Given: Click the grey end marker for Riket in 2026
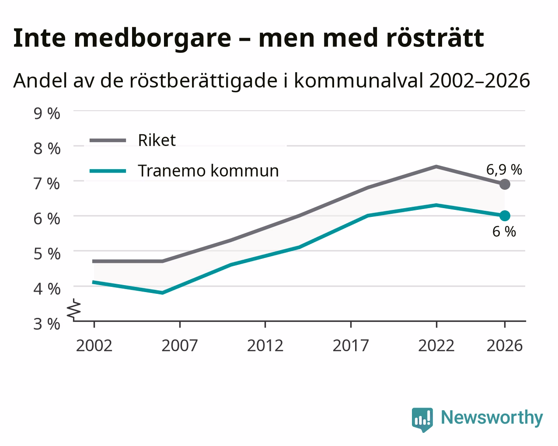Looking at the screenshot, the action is click(x=504, y=185).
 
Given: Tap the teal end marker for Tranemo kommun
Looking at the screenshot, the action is click(x=504, y=216).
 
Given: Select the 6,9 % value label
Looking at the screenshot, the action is click(x=504, y=170).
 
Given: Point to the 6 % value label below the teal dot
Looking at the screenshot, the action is click(x=504, y=231).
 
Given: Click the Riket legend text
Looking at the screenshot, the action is click(x=157, y=140).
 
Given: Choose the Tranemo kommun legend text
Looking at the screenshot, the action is click(x=208, y=171).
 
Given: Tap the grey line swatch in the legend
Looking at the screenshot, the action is click(x=108, y=140).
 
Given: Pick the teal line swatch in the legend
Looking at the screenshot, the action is click(x=108, y=171).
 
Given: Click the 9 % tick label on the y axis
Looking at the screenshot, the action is click(x=47, y=114).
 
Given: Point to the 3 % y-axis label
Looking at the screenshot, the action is click(x=47, y=324).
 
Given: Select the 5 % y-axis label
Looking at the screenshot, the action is click(x=47, y=254).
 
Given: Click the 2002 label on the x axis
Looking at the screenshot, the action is click(x=94, y=345).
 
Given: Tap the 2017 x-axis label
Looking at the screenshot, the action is click(x=351, y=345).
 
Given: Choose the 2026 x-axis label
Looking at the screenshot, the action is click(x=504, y=345).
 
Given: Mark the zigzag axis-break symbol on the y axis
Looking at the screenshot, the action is click(x=74, y=309).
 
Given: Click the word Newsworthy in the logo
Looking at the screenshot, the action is click(x=492, y=418).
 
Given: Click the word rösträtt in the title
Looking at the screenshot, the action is click(x=435, y=38).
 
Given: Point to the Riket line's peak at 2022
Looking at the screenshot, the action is click(x=436, y=167).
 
